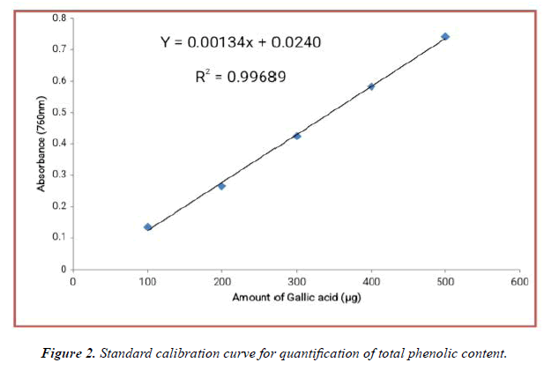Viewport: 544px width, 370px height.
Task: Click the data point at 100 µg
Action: (x=148, y=227)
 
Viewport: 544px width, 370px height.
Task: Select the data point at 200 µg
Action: (x=221, y=186)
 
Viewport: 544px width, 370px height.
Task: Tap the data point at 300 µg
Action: (x=297, y=136)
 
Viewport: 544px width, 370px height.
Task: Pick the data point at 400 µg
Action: (x=371, y=86)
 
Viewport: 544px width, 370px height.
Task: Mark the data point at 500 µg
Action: (x=445, y=36)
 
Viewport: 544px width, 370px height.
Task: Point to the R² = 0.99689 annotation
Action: (x=240, y=77)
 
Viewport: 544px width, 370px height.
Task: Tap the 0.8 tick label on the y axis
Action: (x=58, y=18)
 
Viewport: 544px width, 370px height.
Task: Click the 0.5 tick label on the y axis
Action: (x=58, y=112)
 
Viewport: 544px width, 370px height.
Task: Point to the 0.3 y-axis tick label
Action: (x=58, y=174)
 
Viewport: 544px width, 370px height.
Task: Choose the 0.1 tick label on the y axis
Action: (x=58, y=237)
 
